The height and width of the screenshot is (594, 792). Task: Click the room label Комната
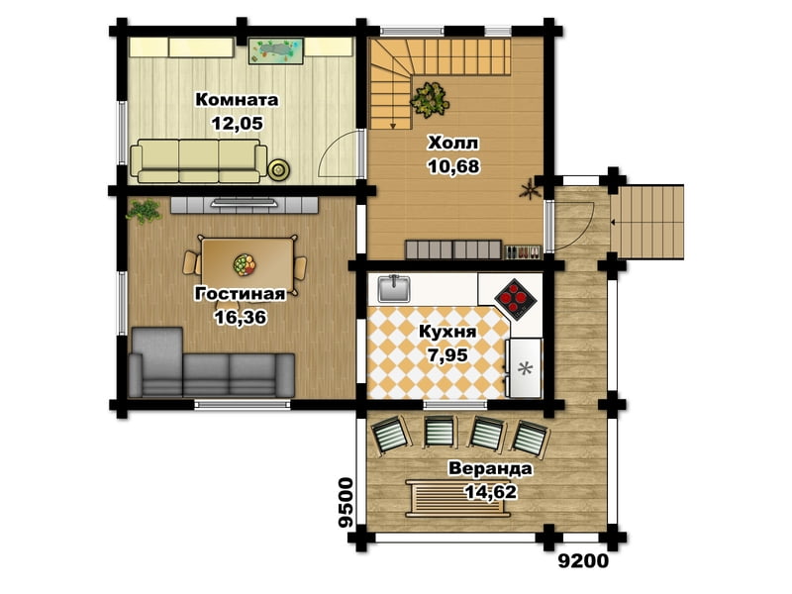click(237, 100)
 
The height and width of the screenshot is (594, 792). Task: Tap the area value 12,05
click(238, 123)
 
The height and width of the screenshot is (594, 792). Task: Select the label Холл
click(452, 144)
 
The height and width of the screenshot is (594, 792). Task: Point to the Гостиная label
click(240, 293)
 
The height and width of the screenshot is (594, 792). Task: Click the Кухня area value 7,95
click(447, 355)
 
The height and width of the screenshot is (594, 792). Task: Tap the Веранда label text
click(490, 468)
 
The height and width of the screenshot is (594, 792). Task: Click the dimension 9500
click(346, 503)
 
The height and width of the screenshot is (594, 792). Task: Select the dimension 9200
click(583, 561)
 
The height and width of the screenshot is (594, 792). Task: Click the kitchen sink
click(394, 288)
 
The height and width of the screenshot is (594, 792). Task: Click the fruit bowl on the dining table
click(245, 264)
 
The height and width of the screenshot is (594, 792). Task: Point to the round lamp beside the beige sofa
click(278, 169)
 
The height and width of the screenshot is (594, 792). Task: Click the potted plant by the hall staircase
click(430, 100)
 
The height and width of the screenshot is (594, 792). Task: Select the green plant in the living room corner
click(144, 210)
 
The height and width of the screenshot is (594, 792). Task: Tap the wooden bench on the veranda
click(458, 499)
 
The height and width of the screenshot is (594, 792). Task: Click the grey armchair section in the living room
click(156, 361)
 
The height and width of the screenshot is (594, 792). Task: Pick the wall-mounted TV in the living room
click(244, 204)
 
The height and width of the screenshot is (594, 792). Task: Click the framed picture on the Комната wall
click(276, 51)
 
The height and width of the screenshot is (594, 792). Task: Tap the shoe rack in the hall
click(524, 251)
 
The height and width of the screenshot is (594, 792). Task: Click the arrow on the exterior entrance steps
click(613, 222)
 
